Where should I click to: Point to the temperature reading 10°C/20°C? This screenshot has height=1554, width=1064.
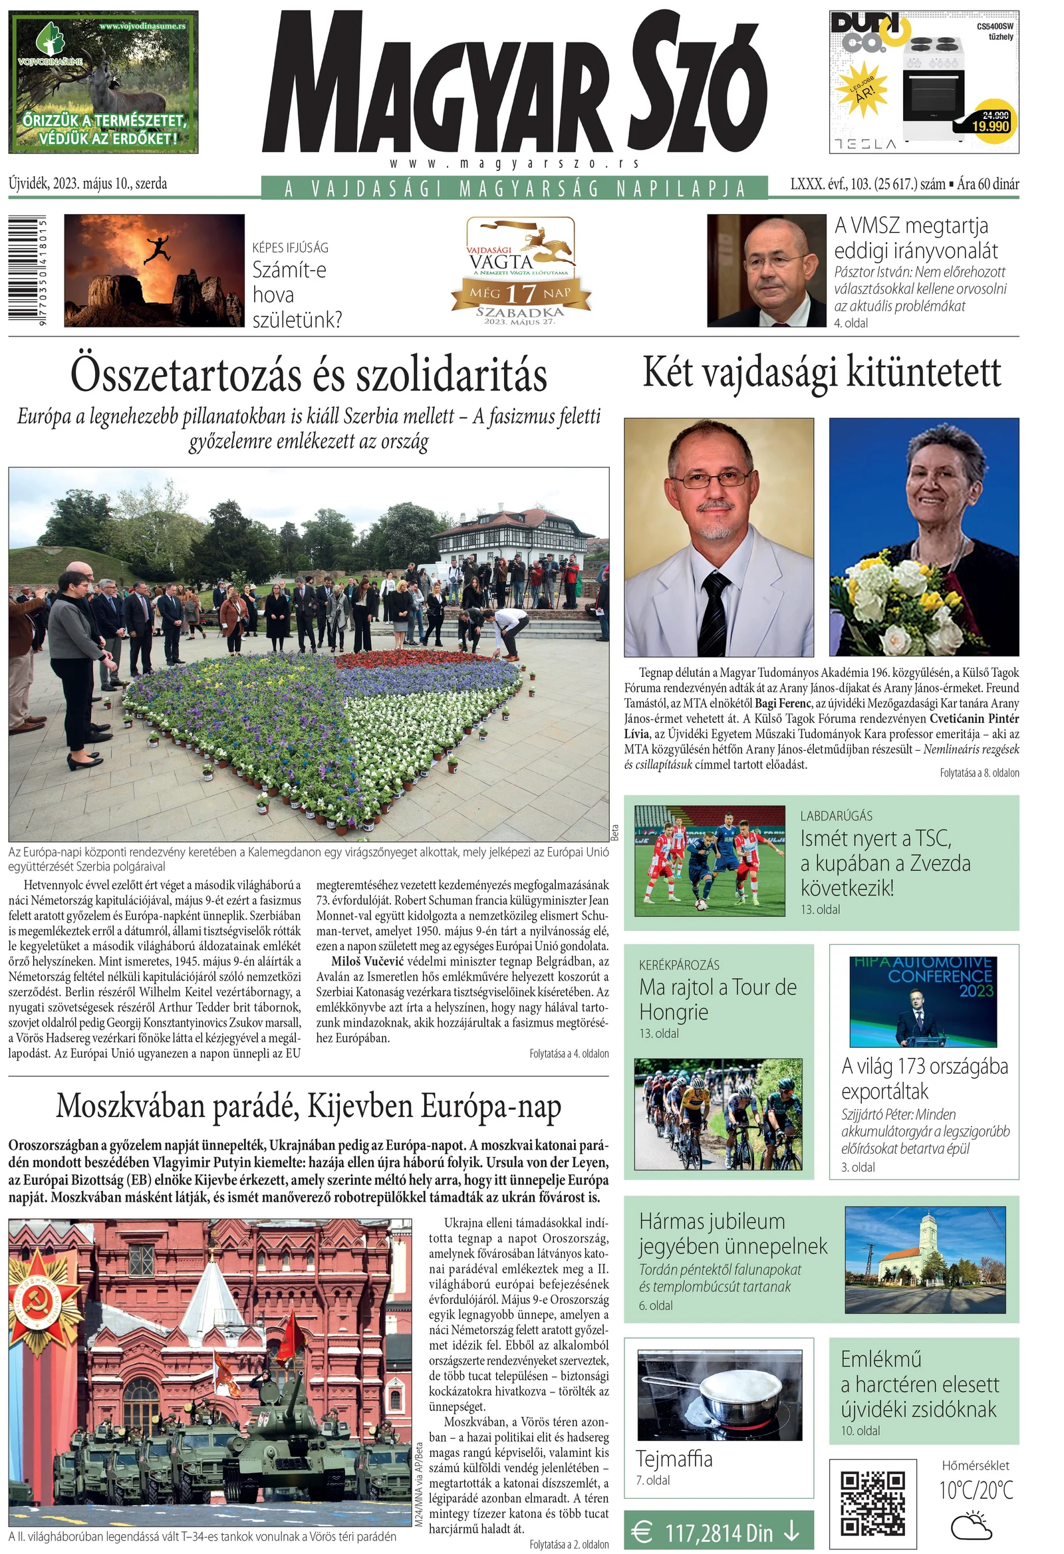976,1490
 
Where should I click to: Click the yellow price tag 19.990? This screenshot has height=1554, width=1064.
990,125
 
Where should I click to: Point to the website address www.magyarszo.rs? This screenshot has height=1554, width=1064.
514,163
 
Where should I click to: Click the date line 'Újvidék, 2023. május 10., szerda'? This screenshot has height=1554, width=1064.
88,184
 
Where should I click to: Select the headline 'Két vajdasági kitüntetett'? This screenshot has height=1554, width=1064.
821,373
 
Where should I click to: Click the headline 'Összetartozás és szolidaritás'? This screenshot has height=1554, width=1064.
309,376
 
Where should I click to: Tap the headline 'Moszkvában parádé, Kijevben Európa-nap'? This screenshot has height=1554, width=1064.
309,1106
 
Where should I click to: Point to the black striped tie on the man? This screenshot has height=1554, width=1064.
715,612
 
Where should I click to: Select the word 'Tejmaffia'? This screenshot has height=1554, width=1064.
674,1458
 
